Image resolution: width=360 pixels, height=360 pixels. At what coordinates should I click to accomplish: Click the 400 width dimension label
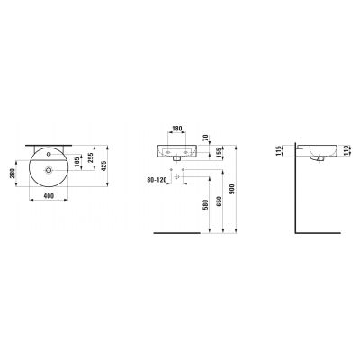coord(49,196)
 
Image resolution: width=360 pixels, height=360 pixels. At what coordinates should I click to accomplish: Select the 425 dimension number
coord(103,166)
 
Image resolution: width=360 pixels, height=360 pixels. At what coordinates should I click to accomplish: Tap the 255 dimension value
coord(91,157)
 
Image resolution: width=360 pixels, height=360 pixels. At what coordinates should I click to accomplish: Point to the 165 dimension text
coord(77,161)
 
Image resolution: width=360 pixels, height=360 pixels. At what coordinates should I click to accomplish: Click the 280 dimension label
coord(13,174)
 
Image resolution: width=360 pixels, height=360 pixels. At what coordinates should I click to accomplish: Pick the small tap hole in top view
coord(49,155)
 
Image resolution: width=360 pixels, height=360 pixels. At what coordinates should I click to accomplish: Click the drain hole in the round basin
coord(49,170)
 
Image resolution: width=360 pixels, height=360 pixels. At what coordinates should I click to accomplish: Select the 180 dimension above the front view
coord(176,129)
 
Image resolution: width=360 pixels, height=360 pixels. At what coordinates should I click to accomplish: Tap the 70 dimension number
coord(205,138)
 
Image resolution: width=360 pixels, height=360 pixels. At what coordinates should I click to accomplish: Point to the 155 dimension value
coord(219,152)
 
